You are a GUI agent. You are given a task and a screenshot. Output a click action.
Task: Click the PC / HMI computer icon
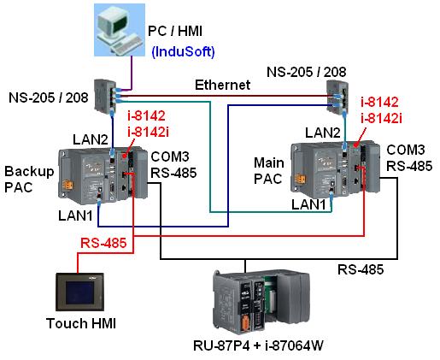click(120, 30)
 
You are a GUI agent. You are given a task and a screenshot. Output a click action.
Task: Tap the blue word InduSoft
click(183, 52)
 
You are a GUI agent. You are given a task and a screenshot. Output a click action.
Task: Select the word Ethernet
click(222, 85)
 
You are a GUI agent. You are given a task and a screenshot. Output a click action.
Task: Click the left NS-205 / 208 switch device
click(105, 97)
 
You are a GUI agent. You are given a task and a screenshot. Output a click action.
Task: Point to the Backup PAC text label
click(29, 180)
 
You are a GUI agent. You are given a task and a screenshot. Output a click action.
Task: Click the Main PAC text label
click(269, 171)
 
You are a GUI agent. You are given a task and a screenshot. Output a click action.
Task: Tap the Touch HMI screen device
click(80, 292)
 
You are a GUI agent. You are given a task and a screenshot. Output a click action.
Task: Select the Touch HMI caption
click(81, 323)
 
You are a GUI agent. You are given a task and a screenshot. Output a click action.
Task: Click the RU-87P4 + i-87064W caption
click(258, 345)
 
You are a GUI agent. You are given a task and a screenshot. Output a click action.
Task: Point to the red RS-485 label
click(103, 243)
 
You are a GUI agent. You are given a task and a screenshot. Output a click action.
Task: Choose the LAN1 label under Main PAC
click(308, 204)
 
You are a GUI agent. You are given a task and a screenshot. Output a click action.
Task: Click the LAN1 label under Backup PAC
click(75, 215)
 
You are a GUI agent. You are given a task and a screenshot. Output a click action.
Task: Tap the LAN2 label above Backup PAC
click(91, 139)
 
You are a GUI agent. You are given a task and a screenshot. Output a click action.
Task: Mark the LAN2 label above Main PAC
click(323, 133)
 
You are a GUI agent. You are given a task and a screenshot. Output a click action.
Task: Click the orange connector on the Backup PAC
click(67, 185)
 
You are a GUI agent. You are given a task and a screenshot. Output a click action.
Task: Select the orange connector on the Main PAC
click(300, 179)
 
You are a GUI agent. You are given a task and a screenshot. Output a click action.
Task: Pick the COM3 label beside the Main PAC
click(406, 150)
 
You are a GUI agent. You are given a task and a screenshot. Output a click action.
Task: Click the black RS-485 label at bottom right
click(361, 269)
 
